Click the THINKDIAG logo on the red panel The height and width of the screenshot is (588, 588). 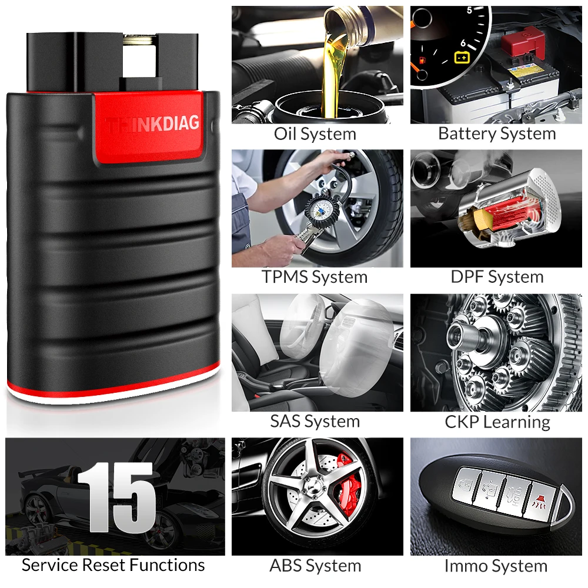pyautogui.click(x=153, y=124)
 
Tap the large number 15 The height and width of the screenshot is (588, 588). pyautogui.click(x=118, y=497)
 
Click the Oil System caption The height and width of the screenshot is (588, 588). pyautogui.click(x=315, y=133)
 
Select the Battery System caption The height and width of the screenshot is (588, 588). pyautogui.click(x=497, y=133)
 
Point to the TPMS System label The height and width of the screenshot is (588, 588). pyautogui.click(x=315, y=277)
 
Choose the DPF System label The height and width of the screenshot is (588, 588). pyautogui.click(x=497, y=277)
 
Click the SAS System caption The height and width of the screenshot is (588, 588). pyautogui.click(x=315, y=421)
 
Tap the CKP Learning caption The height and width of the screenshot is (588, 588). pyautogui.click(x=497, y=421)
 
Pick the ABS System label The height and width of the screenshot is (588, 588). pyautogui.click(x=315, y=566)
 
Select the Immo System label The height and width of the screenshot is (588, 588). pyautogui.click(x=496, y=566)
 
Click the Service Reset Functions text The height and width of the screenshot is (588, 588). pyautogui.click(x=113, y=566)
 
